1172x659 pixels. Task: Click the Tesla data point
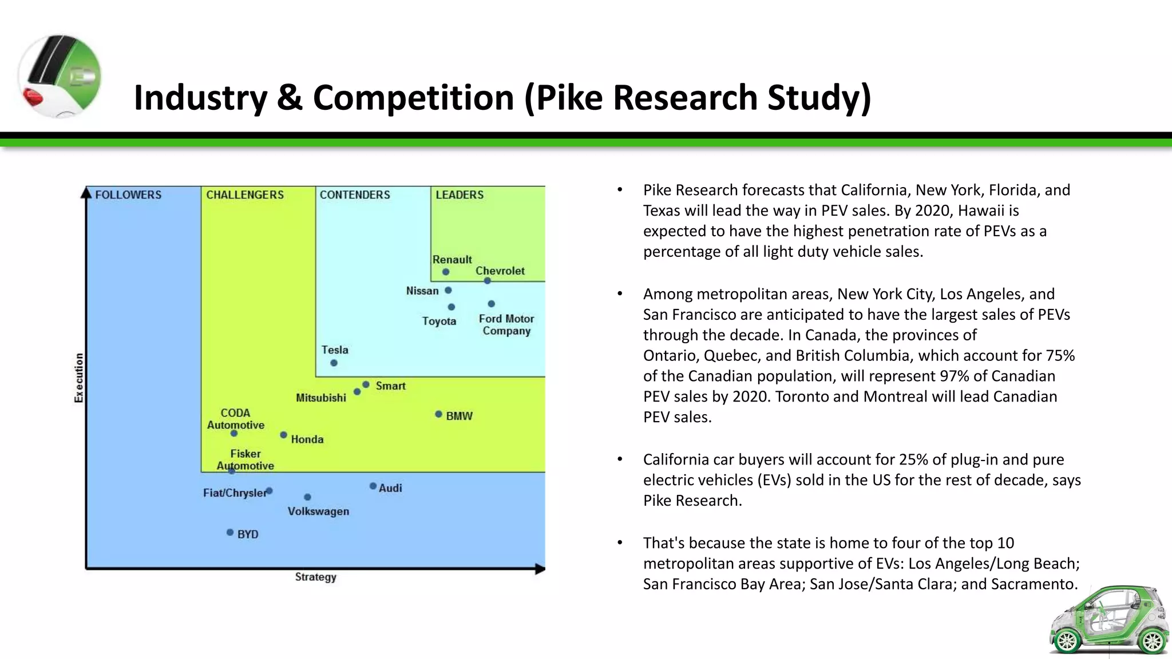tap(334, 363)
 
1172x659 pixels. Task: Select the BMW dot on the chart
tap(438, 414)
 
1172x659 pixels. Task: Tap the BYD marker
tap(230, 533)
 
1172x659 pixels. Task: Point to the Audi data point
tap(373, 486)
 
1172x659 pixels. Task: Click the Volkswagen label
tap(318, 511)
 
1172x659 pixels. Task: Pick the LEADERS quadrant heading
tap(460, 195)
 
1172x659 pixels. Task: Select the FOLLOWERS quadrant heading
tap(128, 195)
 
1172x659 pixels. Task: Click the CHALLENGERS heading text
tap(245, 195)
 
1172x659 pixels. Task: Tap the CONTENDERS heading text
tap(355, 195)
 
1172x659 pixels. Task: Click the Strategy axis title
tap(316, 577)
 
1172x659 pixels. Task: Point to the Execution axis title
tap(79, 378)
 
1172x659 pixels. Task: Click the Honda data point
tap(284, 435)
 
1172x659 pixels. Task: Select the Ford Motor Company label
tap(506, 325)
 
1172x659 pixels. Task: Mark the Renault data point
tap(446, 272)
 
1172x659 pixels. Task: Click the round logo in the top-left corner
tap(60, 76)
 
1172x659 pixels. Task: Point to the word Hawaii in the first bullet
tap(982, 211)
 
